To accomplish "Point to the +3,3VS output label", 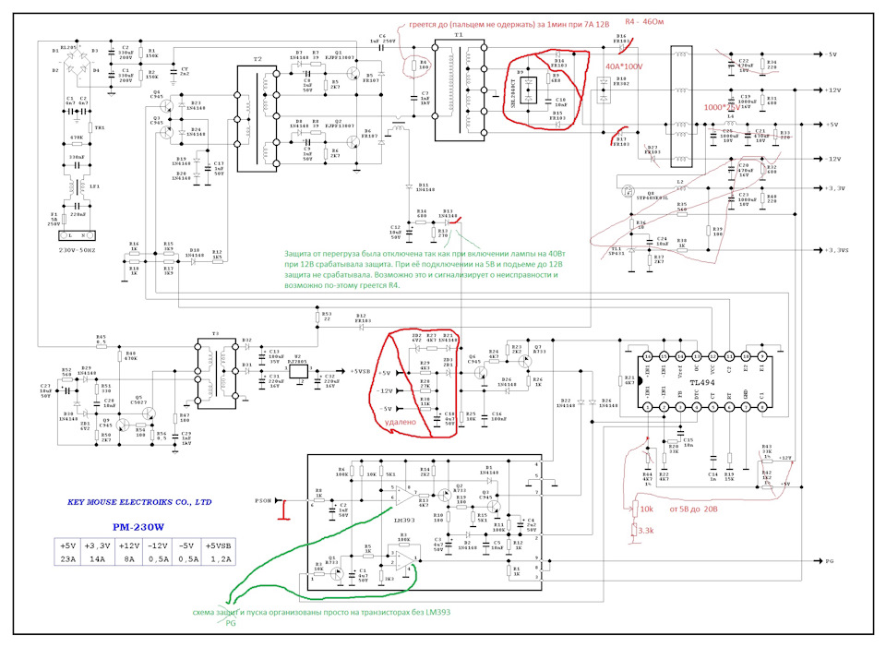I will (837, 250).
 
